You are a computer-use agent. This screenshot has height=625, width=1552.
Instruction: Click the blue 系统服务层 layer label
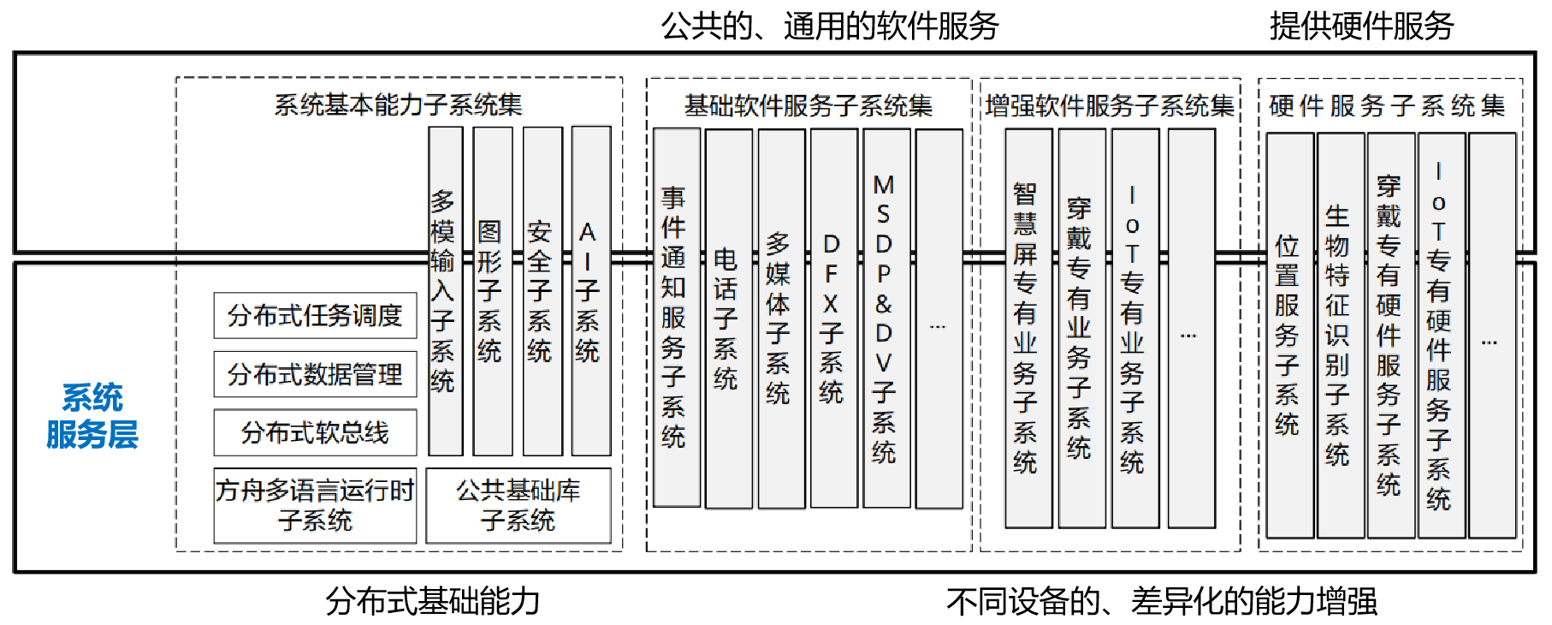point(92,416)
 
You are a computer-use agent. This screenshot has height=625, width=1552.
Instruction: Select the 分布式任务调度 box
point(315,316)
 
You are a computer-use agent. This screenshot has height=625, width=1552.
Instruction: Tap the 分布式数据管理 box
point(315,374)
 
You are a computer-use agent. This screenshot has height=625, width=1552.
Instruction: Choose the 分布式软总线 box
point(315,432)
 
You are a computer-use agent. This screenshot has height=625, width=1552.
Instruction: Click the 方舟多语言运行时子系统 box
point(315,505)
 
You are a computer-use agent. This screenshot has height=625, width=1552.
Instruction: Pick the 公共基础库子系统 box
point(518,505)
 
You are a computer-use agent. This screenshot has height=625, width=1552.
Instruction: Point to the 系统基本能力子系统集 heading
point(398,104)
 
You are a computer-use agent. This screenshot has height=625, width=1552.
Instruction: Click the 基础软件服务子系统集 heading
point(808,105)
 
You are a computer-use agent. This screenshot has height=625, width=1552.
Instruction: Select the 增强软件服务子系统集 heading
point(1110,105)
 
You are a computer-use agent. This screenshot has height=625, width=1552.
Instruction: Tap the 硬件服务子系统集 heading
point(1387,105)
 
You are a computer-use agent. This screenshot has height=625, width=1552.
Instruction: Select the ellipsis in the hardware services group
point(1490,342)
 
